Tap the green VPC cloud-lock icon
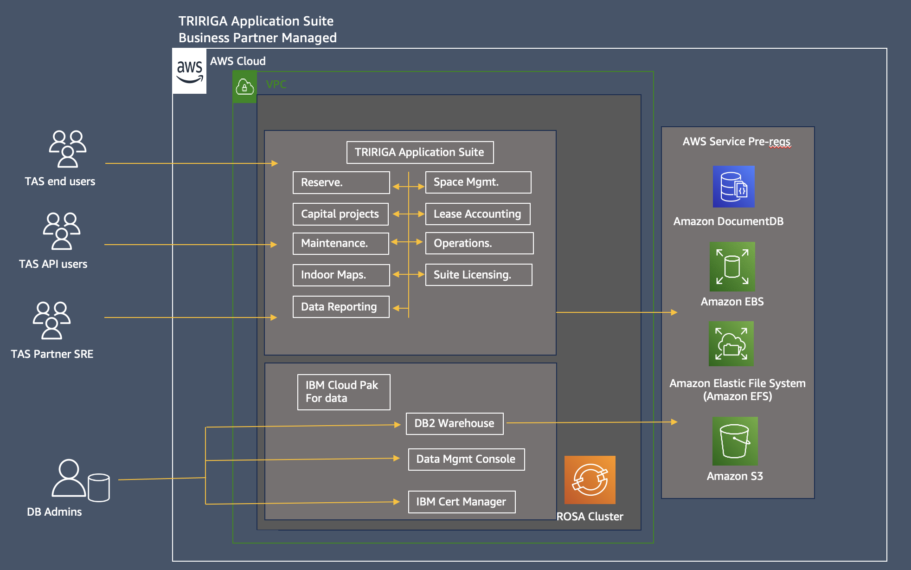(x=244, y=87)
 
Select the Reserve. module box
(x=341, y=182)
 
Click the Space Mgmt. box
(x=478, y=182)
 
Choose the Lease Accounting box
(x=477, y=214)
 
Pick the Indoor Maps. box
(x=341, y=275)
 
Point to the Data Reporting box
(x=341, y=307)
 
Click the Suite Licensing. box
(x=478, y=275)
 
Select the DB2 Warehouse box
(x=454, y=423)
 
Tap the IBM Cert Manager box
(x=461, y=502)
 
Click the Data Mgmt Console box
(x=466, y=459)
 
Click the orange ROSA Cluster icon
(x=590, y=480)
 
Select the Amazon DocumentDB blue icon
(x=733, y=187)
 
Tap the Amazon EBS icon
(x=732, y=266)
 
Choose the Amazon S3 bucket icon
(x=735, y=441)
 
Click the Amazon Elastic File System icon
(x=731, y=344)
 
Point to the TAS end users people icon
(x=68, y=149)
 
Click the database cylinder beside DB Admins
(x=99, y=487)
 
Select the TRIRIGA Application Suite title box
(x=420, y=152)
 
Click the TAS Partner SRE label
(x=52, y=354)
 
